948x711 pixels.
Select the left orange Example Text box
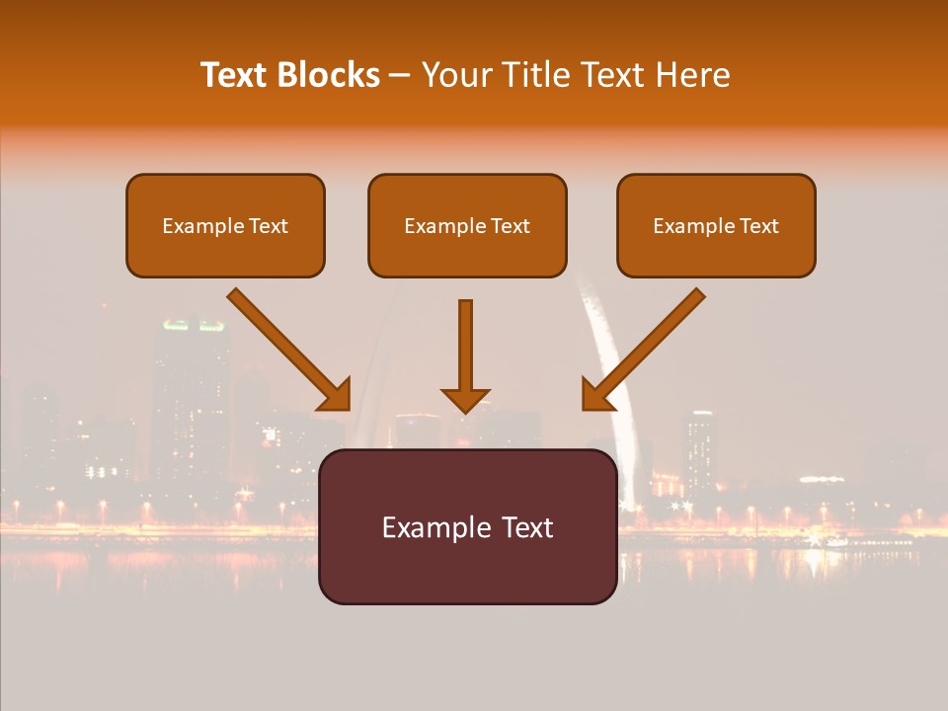click(225, 226)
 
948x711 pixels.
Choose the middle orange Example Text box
click(467, 226)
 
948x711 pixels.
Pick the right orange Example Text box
click(716, 226)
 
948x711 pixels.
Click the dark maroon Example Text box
click(467, 527)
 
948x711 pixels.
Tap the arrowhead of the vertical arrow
click(465, 399)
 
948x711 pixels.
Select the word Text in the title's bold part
click(234, 75)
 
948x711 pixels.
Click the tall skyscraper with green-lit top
click(189, 395)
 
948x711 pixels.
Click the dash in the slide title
click(400, 76)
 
